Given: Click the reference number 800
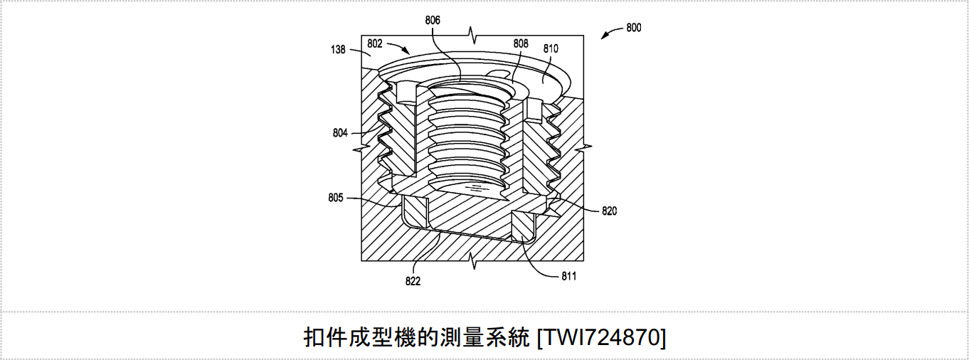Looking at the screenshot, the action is pyautogui.click(x=634, y=28).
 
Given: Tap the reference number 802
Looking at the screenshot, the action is pyautogui.click(x=375, y=43).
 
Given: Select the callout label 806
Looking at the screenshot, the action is pyautogui.click(x=433, y=21).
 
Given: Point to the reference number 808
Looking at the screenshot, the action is pyautogui.click(x=521, y=43).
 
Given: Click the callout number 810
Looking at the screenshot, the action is pyautogui.click(x=551, y=49).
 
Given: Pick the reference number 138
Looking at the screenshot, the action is pyautogui.click(x=338, y=50).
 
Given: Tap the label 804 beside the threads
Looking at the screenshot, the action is pyautogui.click(x=340, y=133).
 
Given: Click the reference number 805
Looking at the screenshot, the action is pyautogui.click(x=336, y=198).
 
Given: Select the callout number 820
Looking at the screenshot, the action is pyautogui.click(x=610, y=211).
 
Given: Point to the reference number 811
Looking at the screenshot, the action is pyautogui.click(x=569, y=277).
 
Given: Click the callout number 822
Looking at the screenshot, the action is pyautogui.click(x=413, y=282).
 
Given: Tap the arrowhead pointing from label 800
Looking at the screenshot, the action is pyautogui.click(x=604, y=37).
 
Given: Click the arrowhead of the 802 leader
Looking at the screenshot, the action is pyautogui.click(x=407, y=51).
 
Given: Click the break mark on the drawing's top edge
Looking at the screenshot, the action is pyautogui.click(x=474, y=35).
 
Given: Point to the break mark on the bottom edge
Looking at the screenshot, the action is pyautogui.click(x=474, y=261).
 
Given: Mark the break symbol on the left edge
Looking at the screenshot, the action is pyautogui.click(x=361, y=149).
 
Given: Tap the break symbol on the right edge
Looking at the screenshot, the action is pyautogui.click(x=583, y=148).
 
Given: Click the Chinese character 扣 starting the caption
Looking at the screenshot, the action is pyautogui.click(x=314, y=338).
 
